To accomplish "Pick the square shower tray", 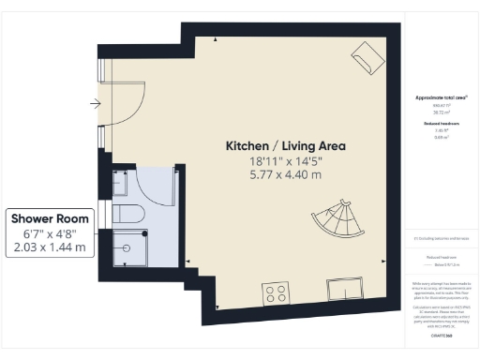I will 129,247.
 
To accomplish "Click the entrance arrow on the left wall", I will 95,103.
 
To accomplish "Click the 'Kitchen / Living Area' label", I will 285,146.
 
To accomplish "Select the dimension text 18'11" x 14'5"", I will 285,160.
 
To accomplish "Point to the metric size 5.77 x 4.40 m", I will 285,174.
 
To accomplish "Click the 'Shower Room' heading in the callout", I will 49,219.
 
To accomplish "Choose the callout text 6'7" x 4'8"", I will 49,233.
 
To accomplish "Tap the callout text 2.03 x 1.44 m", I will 49,247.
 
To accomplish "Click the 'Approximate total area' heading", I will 441,98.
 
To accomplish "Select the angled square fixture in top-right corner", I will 367,57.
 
